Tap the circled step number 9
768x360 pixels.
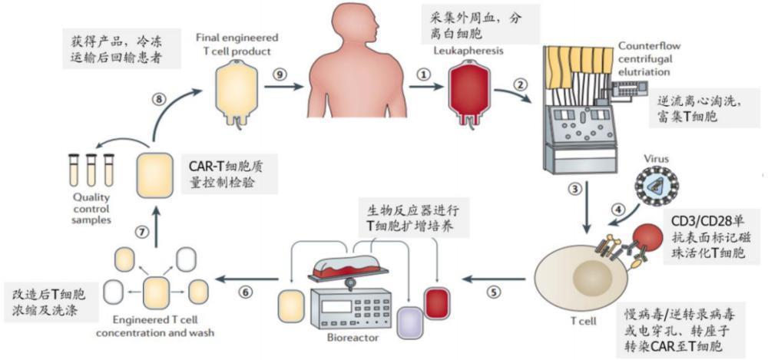point(280,74)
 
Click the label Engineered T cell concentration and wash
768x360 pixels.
point(157,327)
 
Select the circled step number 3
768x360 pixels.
point(574,189)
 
